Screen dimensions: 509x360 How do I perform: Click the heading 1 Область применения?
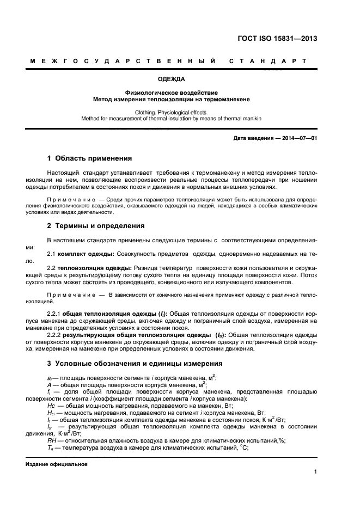coord(90,159)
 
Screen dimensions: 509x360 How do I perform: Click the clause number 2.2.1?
coord(54,314)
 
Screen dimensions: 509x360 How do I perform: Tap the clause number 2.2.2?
coord(54,335)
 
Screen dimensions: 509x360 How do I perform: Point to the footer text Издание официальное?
coord(57,464)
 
